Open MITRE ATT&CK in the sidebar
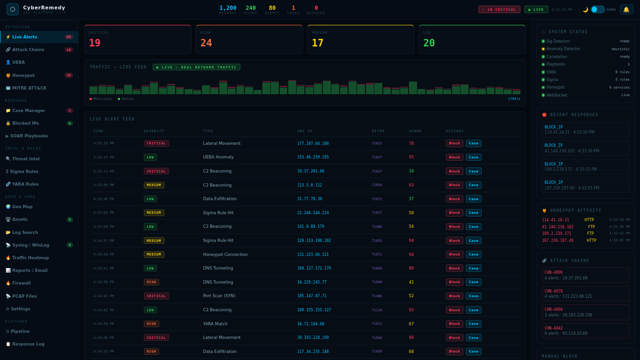coord(29,88)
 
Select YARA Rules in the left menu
coord(25,184)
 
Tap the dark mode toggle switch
coord(597,9)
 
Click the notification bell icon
coord(626,9)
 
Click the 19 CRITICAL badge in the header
coord(499,9)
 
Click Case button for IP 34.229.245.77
coord(473,282)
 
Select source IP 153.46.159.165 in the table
coord(313,157)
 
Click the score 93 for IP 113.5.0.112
coord(411,185)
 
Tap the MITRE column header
coord(378,131)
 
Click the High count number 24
coord(206,43)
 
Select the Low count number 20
coord(429,43)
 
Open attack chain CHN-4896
coord(585,275)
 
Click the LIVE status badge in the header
coord(536,9)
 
